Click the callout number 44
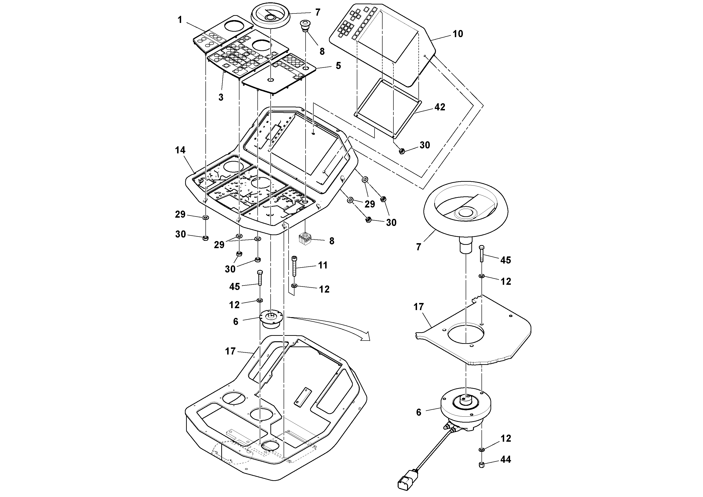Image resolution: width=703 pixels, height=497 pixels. click(x=506, y=459)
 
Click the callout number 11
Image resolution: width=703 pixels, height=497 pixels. click(x=323, y=265)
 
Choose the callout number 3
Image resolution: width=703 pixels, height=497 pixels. click(x=221, y=97)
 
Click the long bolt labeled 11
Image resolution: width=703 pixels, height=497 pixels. click(x=294, y=267)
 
